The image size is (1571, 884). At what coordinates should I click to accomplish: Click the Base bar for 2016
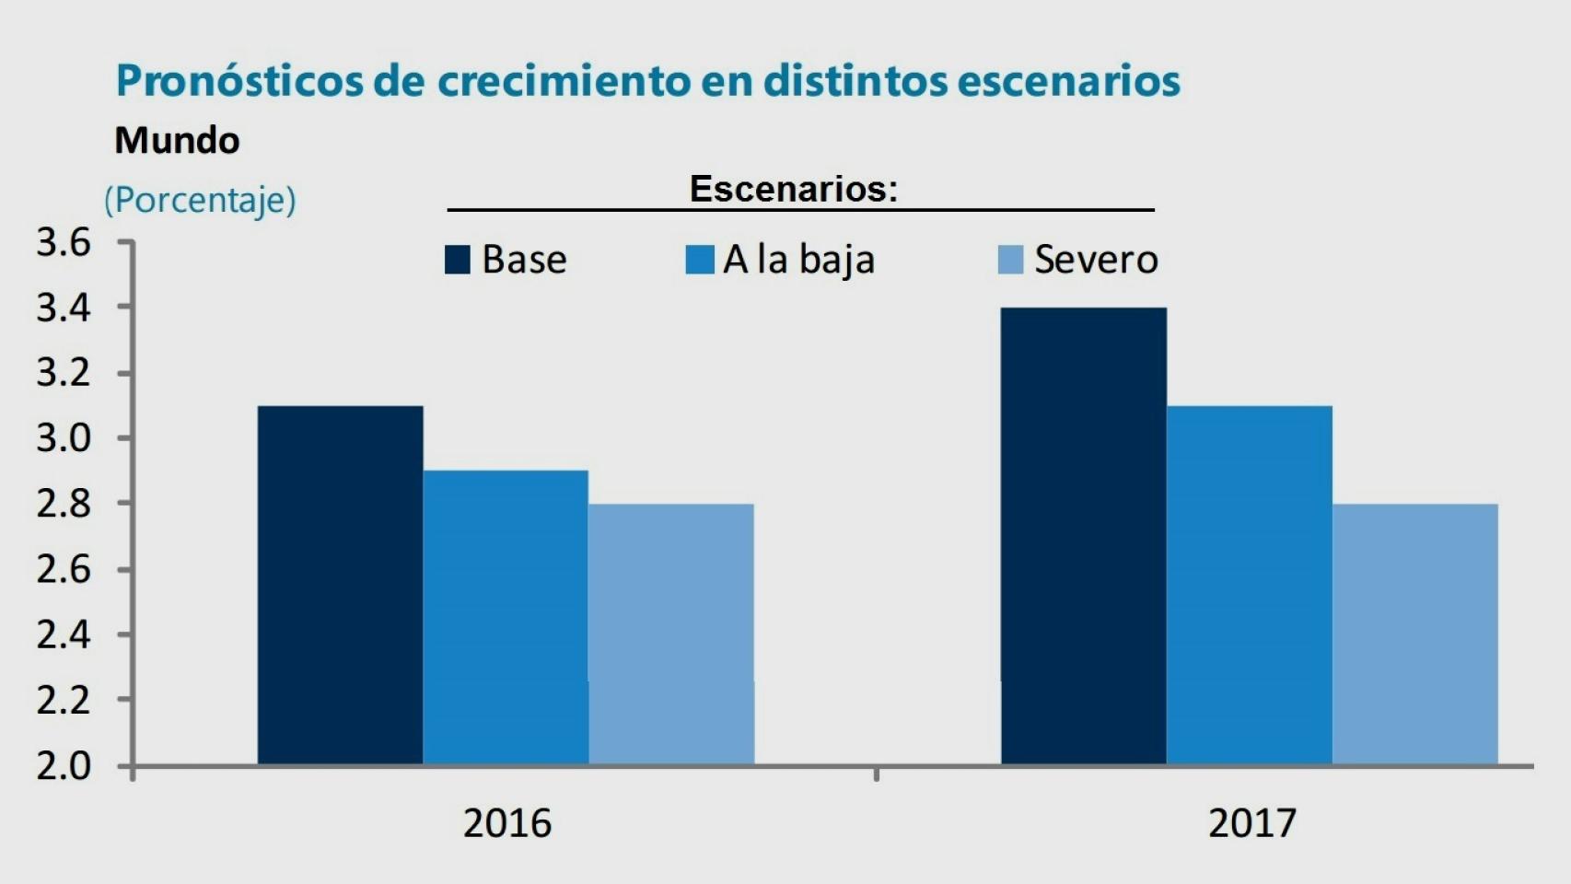tap(340, 585)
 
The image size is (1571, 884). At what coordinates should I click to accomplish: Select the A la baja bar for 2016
tap(506, 617)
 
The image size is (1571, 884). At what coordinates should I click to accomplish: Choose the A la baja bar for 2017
tap(1250, 585)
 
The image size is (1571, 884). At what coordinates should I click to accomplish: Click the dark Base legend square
tap(458, 260)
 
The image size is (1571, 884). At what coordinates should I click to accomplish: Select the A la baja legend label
tap(798, 260)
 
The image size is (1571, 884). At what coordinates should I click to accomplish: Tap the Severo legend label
tap(1096, 260)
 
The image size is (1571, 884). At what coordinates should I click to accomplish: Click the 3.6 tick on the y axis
tap(64, 243)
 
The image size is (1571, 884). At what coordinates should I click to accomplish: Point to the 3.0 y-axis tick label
tap(64, 438)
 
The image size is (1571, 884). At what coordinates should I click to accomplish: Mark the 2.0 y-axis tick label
tap(64, 766)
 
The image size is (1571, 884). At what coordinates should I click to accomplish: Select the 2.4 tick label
tap(64, 634)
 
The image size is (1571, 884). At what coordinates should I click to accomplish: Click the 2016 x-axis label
tap(506, 823)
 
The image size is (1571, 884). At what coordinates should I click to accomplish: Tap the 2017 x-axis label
tap(1251, 823)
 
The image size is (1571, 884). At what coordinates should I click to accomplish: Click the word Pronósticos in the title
tap(239, 81)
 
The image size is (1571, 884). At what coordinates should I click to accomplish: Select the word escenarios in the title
tap(1068, 81)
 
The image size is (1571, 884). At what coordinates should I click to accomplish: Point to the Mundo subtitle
tap(177, 141)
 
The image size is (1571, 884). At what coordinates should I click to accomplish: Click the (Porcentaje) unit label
tap(200, 200)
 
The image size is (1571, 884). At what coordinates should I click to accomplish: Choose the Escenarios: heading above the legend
tap(793, 189)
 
